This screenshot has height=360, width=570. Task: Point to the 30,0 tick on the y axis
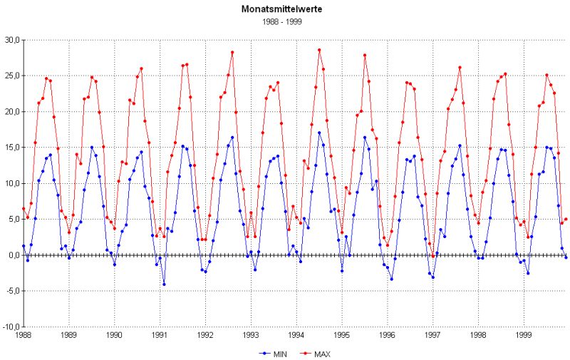click(x=11, y=40)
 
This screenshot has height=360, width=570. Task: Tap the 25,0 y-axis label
click(x=11, y=76)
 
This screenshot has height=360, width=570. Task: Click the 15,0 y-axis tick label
click(x=11, y=148)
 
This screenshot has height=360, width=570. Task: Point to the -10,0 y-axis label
click(x=10, y=326)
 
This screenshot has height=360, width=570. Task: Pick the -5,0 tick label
click(x=11, y=291)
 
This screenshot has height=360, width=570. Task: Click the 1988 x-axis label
click(x=23, y=334)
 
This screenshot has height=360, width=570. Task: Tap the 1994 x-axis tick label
click(x=296, y=334)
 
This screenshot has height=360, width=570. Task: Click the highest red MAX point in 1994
click(x=319, y=50)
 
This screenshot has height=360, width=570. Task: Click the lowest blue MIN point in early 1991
click(x=164, y=284)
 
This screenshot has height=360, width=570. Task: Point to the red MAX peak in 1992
click(x=232, y=52)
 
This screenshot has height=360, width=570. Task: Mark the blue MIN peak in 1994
click(x=319, y=133)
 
